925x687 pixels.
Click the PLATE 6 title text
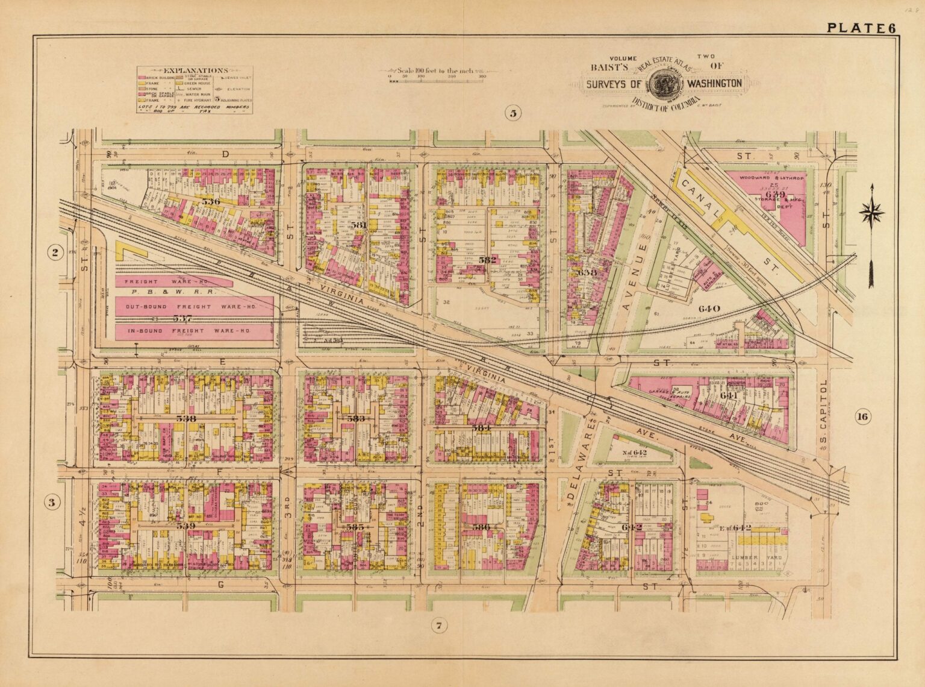(861, 28)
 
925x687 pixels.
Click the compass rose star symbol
(871, 213)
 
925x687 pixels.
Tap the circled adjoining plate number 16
(862, 416)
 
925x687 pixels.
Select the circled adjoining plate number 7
(440, 627)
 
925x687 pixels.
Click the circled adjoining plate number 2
(55, 253)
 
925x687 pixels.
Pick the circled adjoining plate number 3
(53, 501)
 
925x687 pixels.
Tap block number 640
(709, 309)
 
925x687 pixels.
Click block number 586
(498, 526)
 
